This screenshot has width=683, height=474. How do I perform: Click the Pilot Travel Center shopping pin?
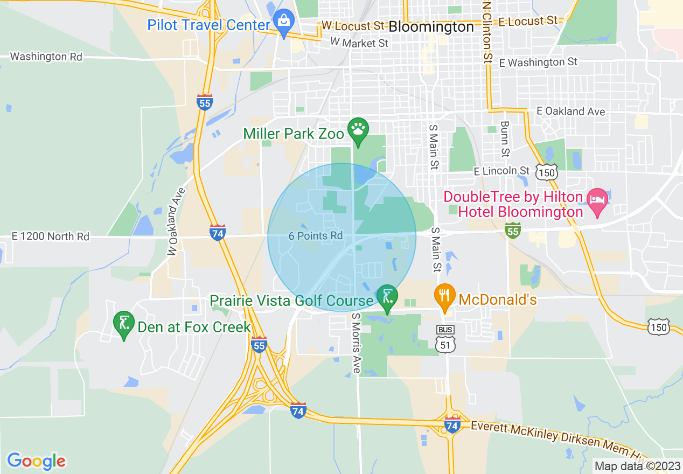[x=283, y=23]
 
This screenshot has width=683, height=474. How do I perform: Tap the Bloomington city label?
[x=431, y=26]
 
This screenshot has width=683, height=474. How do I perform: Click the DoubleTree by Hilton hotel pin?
[x=597, y=201]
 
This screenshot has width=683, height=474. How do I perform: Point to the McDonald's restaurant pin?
[x=444, y=296]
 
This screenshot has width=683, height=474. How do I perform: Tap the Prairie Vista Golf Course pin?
[x=387, y=297]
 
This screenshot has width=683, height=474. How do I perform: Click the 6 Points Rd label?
[x=316, y=236]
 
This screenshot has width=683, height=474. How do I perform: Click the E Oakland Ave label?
[x=571, y=111]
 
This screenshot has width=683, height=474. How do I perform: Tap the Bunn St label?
[x=505, y=139]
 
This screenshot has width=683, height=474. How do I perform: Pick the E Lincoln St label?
[x=502, y=171]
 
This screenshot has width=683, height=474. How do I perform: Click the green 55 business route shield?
[x=513, y=230]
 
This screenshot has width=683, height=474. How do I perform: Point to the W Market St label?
[x=359, y=42]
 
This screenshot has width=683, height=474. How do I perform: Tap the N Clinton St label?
[x=487, y=31]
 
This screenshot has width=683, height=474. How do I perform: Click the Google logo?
[x=36, y=461]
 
